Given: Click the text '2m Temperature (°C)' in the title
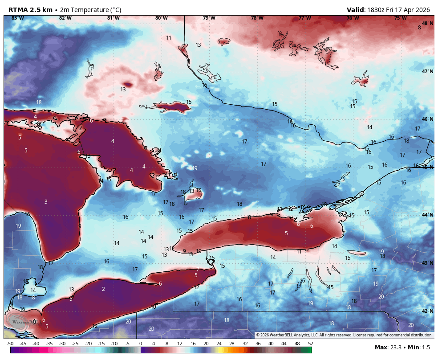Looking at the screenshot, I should [x=90, y=10].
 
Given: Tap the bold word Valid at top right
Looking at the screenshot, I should [x=356, y=10].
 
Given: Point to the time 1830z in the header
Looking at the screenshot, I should [x=377, y=10].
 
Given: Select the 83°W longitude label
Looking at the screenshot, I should [x=17, y=18].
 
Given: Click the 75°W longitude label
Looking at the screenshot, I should [x=400, y=18].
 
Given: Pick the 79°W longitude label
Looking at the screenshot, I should [x=209, y=18].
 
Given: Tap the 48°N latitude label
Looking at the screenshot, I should [x=427, y=23].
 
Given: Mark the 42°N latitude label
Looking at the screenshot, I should [x=427, y=311].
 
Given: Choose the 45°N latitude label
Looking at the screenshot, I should [x=427, y=167].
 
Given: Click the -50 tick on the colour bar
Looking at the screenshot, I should [x=10, y=344].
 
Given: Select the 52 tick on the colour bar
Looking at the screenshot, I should [x=310, y=344].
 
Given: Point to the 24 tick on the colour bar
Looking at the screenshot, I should [x=219, y=344].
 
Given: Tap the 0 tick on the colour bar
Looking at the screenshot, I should [x=141, y=344].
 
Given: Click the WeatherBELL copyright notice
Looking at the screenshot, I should [x=344, y=335].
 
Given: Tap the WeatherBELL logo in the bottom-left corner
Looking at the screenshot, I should [x=22, y=321].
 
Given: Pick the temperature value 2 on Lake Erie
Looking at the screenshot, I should [x=103, y=289].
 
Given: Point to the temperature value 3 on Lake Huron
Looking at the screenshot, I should [x=45, y=202].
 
